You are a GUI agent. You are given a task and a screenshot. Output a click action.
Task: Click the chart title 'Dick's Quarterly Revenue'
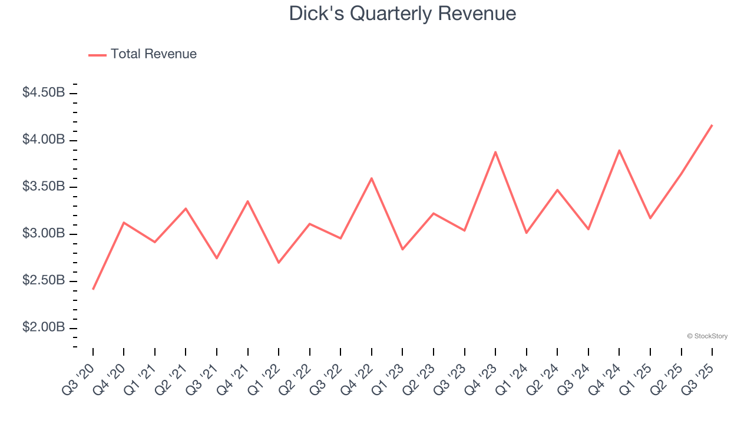(x=402, y=14)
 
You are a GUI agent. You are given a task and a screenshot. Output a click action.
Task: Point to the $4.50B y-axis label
(x=44, y=93)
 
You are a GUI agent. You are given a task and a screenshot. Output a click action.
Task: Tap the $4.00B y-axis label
(x=44, y=140)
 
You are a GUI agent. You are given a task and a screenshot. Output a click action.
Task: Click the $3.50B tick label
(x=44, y=187)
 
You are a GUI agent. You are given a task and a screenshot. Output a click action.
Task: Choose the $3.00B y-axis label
(x=44, y=234)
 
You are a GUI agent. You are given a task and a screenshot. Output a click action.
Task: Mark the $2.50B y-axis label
(x=44, y=281)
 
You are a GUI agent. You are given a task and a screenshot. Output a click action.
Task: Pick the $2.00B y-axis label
(x=44, y=328)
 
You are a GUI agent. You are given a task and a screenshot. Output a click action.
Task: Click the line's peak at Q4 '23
(x=495, y=152)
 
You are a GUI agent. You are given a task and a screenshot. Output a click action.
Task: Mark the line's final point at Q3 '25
(x=712, y=125)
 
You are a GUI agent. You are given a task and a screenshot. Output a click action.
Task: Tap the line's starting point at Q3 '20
(x=93, y=289)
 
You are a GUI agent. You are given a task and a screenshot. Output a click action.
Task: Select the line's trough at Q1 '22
(x=279, y=263)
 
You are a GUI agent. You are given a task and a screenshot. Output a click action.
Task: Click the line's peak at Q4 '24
(x=619, y=150)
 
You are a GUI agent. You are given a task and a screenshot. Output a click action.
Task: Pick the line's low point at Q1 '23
(x=402, y=250)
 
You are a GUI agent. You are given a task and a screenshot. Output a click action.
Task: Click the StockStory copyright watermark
(x=707, y=336)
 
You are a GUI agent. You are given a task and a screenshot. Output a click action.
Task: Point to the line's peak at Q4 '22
(x=372, y=178)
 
